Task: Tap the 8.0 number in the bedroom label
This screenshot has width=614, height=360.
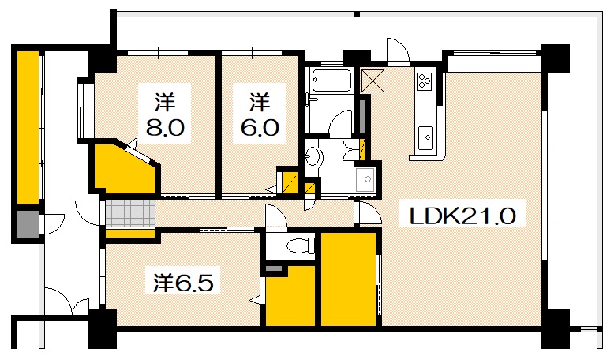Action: coord(165,127)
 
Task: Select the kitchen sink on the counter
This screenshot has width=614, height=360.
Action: coord(426,137)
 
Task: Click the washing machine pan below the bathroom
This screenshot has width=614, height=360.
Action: coord(366,179)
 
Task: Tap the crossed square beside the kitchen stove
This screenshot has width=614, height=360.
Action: coord(371,80)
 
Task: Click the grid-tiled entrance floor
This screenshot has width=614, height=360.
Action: coord(129,212)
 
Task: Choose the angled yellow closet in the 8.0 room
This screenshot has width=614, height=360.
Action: coord(124,168)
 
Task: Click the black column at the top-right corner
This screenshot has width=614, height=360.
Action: coord(555,56)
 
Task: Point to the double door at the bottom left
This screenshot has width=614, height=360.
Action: coord(66,302)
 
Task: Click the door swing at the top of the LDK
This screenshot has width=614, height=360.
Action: coord(398,51)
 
